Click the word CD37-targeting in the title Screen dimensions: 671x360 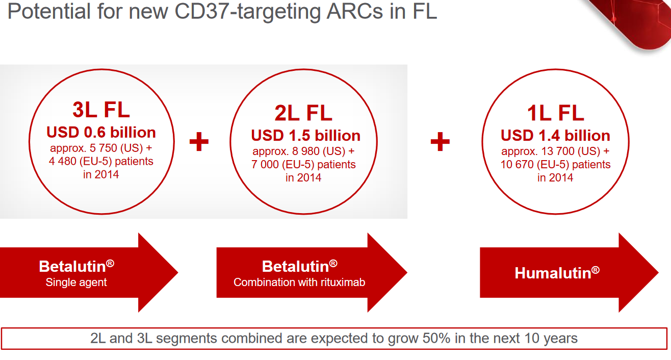247,12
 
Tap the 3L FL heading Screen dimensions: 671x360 101,110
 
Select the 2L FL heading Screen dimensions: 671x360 303,113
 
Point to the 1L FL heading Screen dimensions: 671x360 555,113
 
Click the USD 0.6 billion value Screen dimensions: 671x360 101,133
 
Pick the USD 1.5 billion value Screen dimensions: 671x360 305,135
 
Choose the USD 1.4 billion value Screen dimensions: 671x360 555,135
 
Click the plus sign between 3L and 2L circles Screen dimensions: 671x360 199,141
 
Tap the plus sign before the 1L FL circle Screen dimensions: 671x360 440,141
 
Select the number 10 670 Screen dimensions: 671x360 518,164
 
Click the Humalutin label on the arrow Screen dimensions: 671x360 557,273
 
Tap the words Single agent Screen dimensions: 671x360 76,282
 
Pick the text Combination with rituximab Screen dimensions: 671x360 299,282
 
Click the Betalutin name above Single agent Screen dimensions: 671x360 76,266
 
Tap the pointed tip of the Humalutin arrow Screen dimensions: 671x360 658,272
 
